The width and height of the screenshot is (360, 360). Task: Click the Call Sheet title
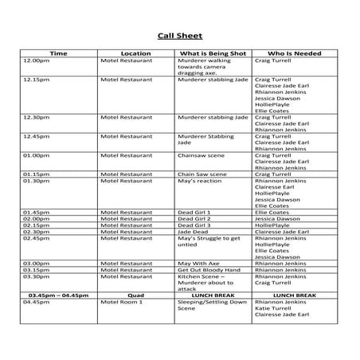(179, 36)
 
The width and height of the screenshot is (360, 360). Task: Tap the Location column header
(135, 53)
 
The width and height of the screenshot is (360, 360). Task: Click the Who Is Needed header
(294, 53)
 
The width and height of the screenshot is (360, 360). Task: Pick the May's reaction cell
(199, 181)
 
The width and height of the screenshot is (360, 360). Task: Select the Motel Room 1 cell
(121, 302)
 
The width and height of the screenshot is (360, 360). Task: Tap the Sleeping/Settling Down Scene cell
(209, 305)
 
